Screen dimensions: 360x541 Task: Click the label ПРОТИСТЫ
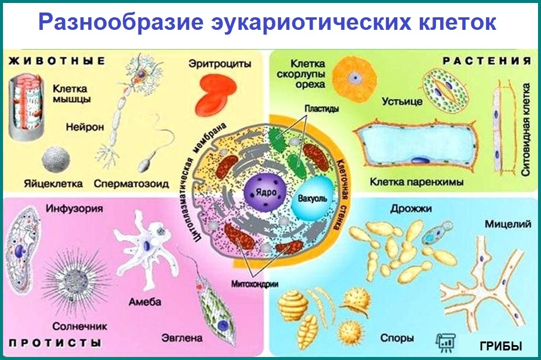coord(54,343)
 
